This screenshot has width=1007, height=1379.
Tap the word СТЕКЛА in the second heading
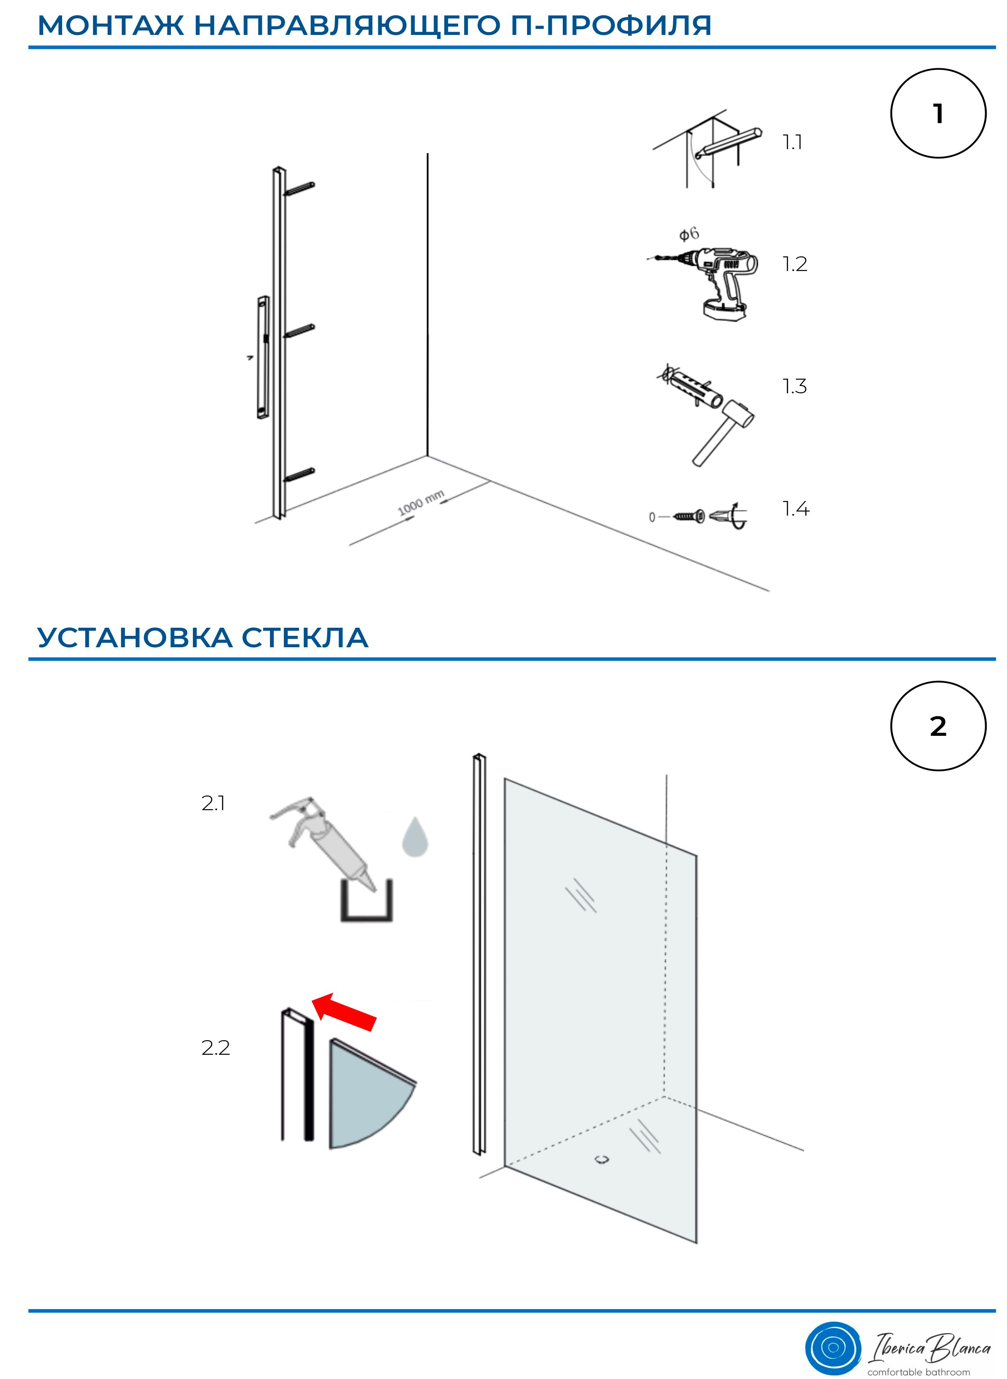[305, 638]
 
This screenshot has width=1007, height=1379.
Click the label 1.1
[793, 142]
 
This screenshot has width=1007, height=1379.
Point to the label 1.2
[795, 264]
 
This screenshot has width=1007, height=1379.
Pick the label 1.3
[795, 386]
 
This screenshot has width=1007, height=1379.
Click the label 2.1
[213, 803]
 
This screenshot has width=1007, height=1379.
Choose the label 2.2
[216, 1047]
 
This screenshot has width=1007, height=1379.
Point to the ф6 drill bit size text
[689, 234]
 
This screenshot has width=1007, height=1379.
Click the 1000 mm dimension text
[421, 503]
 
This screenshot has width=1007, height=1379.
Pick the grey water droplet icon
[415, 836]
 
